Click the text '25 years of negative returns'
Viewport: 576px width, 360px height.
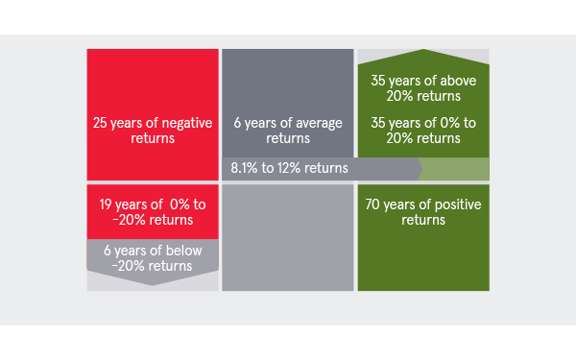click(x=153, y=131)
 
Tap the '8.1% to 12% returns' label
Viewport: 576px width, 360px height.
click(x=289, y=168)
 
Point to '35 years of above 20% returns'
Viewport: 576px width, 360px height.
click(x=421, y=87)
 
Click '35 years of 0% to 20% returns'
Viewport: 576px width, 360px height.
click(x=421, y=131)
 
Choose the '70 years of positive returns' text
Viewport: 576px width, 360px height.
click(x=421, y=211)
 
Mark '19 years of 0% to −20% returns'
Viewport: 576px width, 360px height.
click(x=153, y=211)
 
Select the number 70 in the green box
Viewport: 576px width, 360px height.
click(x=374, y=204)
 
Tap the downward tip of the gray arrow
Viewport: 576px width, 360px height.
click(x=153, y=283)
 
